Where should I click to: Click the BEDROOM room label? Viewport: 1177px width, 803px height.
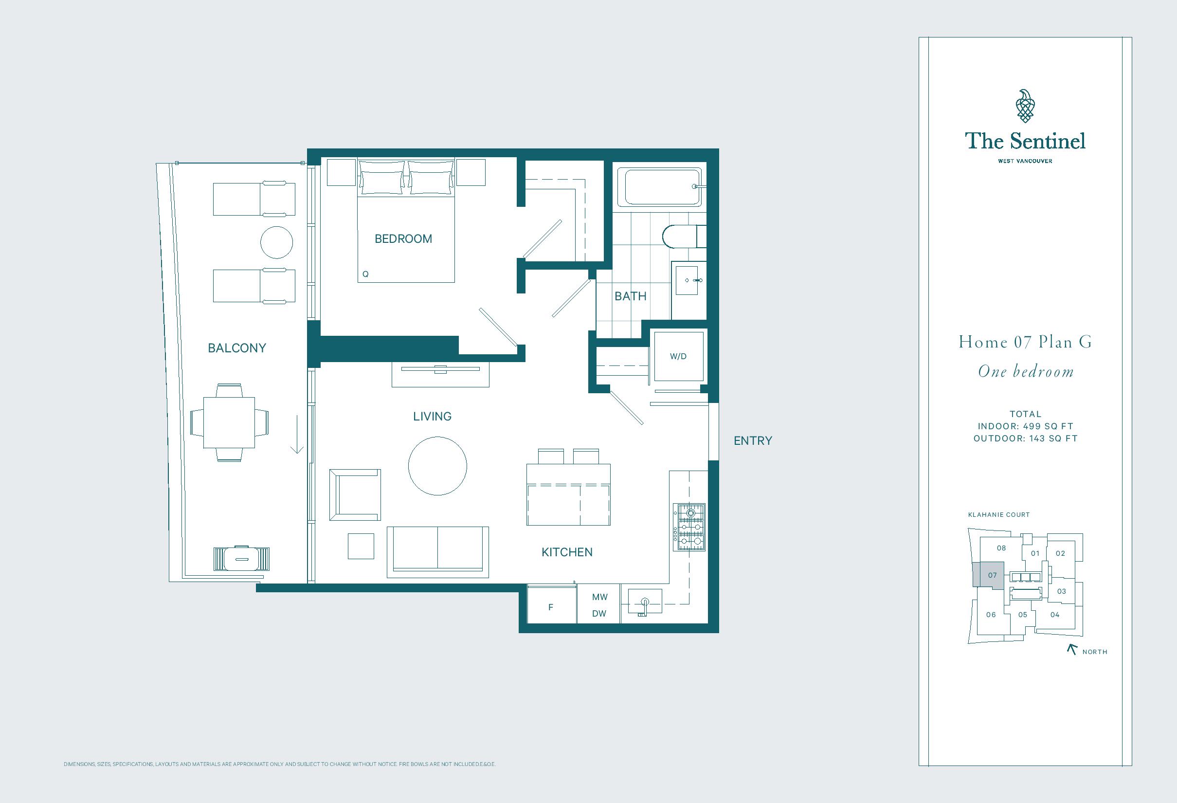[x=403, y=238]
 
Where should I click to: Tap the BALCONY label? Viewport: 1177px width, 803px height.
[x=237, y=348]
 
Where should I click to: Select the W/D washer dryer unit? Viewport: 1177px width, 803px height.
[x=678, y=356]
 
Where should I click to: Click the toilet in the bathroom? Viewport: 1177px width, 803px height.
[x=684, y=236]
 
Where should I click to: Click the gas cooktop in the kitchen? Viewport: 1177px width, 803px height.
[x=689, y=528]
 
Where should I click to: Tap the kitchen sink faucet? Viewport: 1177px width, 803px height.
[x=644, y=606]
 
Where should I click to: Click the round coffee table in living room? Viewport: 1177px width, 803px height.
[x=437, y=466]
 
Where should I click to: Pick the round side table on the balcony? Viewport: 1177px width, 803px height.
[x=276, y=242]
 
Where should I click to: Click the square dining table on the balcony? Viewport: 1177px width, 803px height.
[x=229, y=422]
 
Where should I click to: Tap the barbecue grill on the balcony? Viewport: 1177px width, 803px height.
[x=241, y=559]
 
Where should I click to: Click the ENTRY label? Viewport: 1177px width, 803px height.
[x=753, y=441]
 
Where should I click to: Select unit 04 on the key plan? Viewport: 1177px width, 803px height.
[x=1055, y=615]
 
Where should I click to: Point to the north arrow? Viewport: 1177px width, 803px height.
[x=1071, y=649]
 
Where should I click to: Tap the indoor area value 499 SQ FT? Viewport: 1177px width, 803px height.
[x=1050, y=426]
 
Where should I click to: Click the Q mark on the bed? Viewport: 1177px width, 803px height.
[x=365, y=274]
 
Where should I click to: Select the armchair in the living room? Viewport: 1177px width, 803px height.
[x=355, y=494]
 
